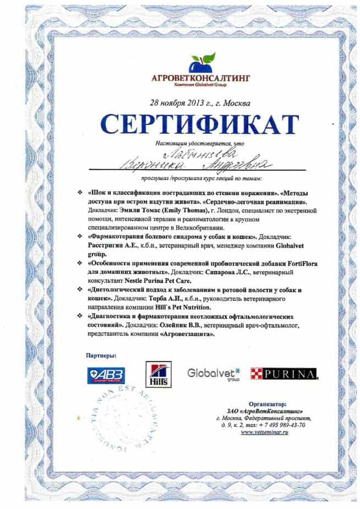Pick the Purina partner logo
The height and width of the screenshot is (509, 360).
(x=283, y=375)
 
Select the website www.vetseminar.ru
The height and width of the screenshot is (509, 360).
(x=273, y=432)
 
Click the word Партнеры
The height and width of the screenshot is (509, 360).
(x=102, y=356)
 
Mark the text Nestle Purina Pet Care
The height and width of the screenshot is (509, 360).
(x=155, y=279)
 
